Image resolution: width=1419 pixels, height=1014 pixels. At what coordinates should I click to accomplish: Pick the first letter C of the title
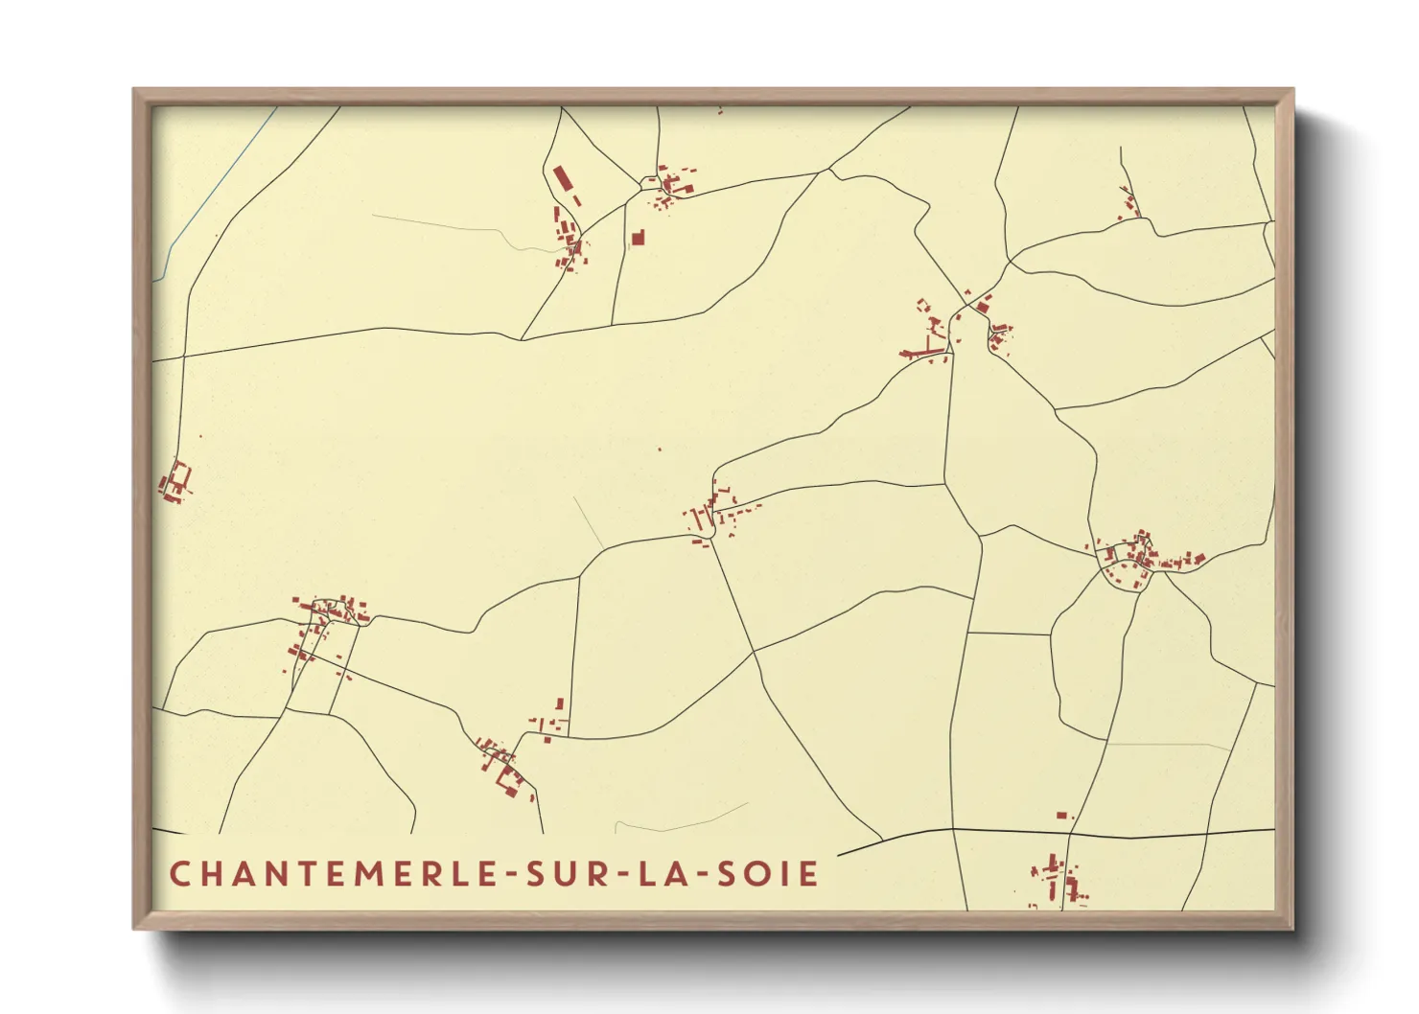(179, 874)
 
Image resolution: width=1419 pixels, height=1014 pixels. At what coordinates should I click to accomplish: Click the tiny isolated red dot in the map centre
(659, 449)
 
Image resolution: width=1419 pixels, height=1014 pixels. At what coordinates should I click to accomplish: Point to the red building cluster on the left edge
(175, 481)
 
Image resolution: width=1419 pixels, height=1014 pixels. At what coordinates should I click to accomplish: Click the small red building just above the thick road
(1061, 816)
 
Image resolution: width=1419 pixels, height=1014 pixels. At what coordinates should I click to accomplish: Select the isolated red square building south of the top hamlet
(638, 237)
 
